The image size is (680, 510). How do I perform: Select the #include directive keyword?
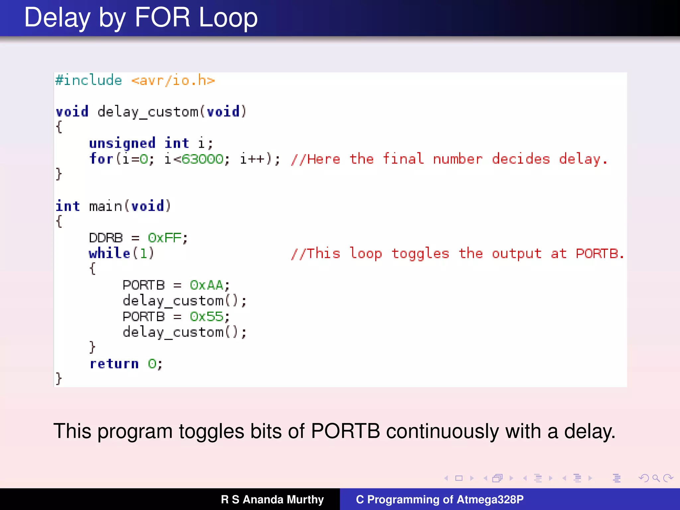89,80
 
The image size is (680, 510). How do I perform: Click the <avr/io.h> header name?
173,80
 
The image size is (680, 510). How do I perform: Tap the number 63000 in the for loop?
203,159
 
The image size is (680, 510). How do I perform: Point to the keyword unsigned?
122,143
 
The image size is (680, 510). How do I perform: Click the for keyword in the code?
101,159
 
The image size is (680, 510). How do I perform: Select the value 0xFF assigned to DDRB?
165,238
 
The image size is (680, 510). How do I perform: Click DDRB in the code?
106,238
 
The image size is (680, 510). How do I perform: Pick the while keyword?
109,253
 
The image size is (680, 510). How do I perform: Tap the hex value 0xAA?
207,285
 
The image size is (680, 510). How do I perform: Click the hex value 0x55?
207,316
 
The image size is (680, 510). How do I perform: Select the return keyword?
114,364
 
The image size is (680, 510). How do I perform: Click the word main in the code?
106,206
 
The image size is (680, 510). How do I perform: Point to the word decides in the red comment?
521,159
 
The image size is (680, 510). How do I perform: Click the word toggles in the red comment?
420,253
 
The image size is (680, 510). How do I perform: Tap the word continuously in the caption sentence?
442,431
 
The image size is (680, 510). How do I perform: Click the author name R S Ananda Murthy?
272,499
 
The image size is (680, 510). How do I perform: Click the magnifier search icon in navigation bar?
656,478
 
